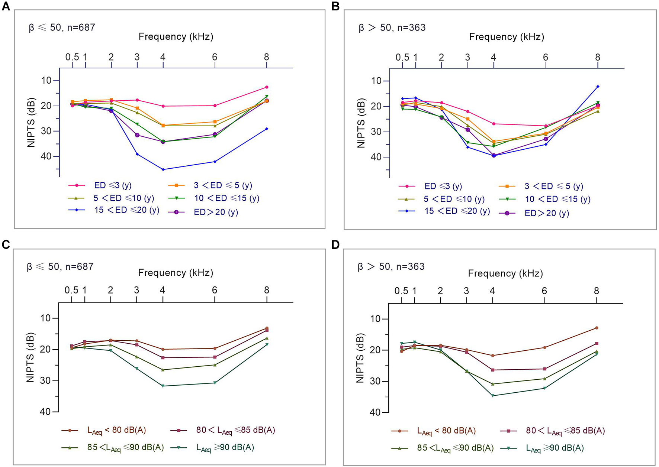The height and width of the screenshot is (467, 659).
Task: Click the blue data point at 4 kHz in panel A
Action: pyautogui.click(x=163, y=169)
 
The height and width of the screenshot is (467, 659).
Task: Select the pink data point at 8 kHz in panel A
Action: pyautogui.click(x=267, y=87)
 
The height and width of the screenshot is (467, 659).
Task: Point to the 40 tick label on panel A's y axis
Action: pyautogui.click(x=46, y=156)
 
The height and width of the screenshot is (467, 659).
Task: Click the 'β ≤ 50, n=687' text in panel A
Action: pyautogui.click(x=62, y=27)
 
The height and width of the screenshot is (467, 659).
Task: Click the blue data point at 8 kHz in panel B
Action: pyautogui.click(x=598, y=87)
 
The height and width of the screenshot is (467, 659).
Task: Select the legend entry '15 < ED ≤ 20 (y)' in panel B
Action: pyautogui.click(x=457, y=211)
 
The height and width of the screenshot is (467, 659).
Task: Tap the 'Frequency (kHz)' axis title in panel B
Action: pyautogui.click(x=507, y=37)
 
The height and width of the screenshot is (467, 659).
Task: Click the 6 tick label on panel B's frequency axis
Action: pyautogui.click(x=546, y=58)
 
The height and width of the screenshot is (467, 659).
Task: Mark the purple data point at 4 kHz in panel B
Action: pyautogui.click(x=494, y=155)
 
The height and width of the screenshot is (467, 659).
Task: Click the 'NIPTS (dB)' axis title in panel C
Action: pyautogui.click(x=30, y=357)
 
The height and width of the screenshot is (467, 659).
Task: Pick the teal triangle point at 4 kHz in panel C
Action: pyautogui.click(x=163, y=386)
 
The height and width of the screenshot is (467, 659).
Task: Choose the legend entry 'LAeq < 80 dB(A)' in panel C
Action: pyautogui.click(x=116, y=431)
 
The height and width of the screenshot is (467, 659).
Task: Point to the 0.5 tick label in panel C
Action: pyautogui.click(x=71, y=291)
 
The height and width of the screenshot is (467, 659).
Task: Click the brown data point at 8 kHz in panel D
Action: pyautogui.click(x=597, y=328)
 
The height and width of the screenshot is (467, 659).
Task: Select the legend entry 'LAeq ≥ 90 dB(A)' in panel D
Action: pyautogui.click(x=554, y=448)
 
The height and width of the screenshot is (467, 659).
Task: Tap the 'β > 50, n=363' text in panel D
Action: pyautogui.click(x=391, y=267)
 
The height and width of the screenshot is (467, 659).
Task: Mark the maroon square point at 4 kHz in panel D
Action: pyautogui.click(x=493, y=370)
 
